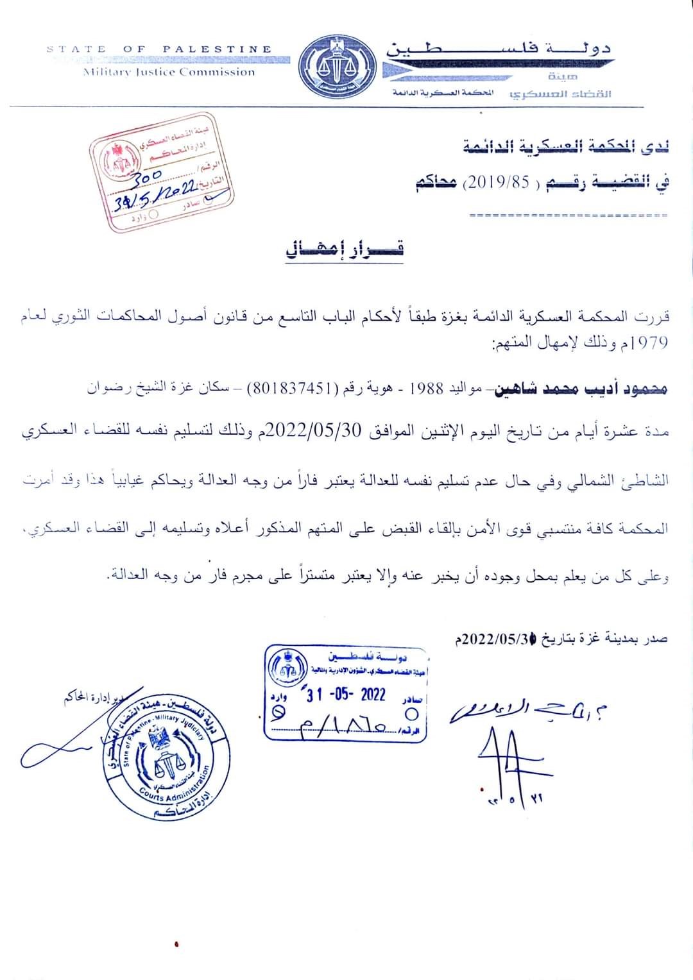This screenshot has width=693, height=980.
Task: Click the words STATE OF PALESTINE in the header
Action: point(159,49)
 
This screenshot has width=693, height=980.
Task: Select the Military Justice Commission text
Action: point(169,72)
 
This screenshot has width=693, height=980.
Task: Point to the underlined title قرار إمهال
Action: point(345,249)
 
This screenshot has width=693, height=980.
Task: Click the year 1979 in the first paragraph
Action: point(649,342)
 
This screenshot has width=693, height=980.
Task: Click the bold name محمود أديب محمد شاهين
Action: point(581,389)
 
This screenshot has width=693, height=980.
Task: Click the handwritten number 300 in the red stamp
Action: point(150,176)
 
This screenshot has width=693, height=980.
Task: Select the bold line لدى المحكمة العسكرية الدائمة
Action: point(566,147)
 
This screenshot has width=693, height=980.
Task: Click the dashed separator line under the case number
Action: point(568,215)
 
